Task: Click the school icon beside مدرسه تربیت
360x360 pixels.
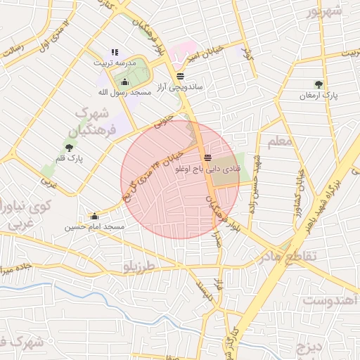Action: click(x=115, y=53)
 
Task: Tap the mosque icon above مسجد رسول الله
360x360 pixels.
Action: click(x=125, y=82)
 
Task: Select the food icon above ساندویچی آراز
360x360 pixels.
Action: click(x=181, y=76)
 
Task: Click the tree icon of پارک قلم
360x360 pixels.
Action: click(x=69, y=147)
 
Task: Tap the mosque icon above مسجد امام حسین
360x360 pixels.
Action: click(x=94, y=217)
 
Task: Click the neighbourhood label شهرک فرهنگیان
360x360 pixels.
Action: click(x=94, y=122)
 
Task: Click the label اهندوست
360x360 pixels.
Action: click(x=330, y=301)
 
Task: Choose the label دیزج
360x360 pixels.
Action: click(x=307, y=348)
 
